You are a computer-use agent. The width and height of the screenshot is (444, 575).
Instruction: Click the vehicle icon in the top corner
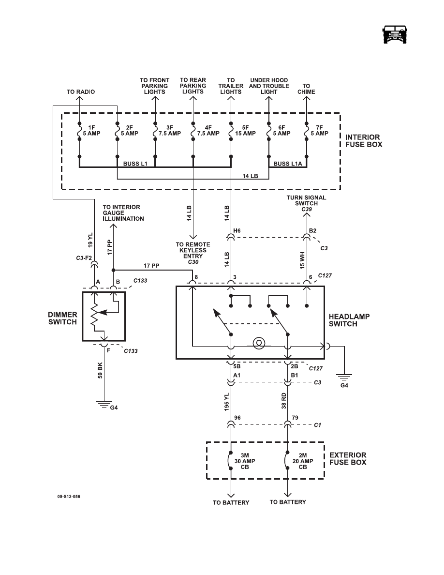point(395,35)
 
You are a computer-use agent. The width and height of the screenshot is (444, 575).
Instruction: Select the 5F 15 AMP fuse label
point(245,131)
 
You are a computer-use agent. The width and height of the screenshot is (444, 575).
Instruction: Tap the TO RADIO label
point(81,91)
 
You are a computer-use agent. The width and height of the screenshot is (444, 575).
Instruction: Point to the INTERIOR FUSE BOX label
point(364,141)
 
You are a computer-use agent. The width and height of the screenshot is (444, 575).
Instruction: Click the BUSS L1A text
point(288,164)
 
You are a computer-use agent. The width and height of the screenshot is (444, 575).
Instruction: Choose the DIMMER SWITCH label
point(63,318)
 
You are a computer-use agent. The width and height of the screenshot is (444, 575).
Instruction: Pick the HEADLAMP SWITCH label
point(349,320)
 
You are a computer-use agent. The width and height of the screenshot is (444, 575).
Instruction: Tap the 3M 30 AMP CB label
point(245,461)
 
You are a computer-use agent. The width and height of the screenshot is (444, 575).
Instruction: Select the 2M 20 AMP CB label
point(303,461)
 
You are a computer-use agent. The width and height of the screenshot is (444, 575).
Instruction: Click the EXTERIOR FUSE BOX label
point(348,459)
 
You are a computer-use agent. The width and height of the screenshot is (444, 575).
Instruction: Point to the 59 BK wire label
point(100,370)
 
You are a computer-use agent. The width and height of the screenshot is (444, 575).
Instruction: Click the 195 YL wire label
point(226,402)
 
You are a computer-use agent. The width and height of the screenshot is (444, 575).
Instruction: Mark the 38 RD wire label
point(283,401)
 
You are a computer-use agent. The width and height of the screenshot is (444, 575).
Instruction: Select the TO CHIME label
point(306,89)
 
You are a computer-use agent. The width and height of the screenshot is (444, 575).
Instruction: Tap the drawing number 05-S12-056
point(69,497)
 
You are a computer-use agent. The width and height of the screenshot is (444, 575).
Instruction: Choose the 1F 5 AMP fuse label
point(91,131)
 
